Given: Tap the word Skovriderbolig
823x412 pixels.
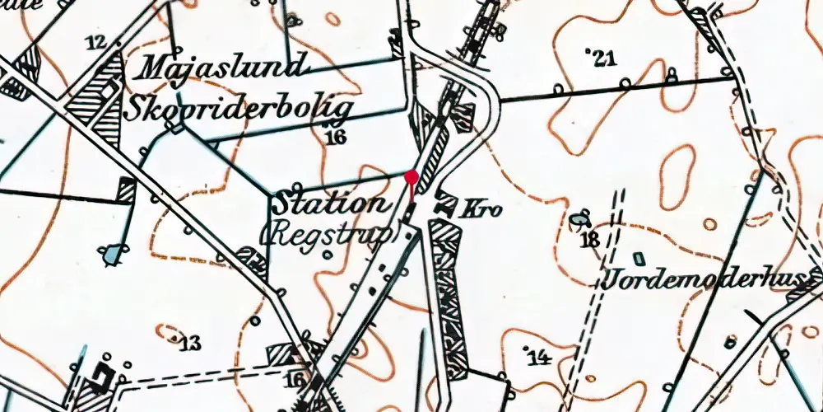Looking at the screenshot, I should (241, 108).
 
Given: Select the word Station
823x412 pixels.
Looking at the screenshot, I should (330, 204).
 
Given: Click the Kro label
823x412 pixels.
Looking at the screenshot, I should (483, 210).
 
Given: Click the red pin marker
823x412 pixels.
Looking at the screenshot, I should (412, 176).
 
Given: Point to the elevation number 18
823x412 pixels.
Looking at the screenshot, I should (590, 241).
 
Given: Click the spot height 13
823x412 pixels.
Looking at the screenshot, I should (190, 344).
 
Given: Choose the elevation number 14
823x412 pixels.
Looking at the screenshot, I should (538, 357).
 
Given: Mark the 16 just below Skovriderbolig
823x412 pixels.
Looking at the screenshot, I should (335, 137).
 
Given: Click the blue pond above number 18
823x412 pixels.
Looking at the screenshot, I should (579, 219).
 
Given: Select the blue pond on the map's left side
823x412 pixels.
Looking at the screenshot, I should (110, 255).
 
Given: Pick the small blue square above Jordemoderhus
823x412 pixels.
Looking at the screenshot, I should (636, 258).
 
